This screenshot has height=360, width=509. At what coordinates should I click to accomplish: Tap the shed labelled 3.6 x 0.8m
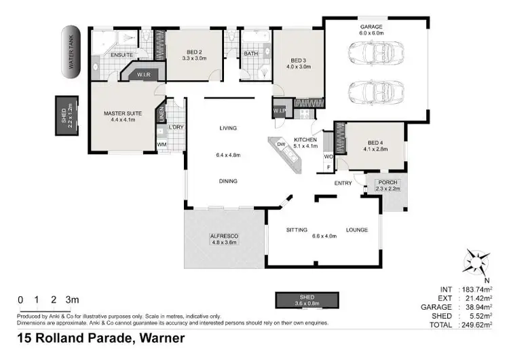click(306, 300)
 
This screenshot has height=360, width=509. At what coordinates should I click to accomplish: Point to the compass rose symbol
click(478, 261)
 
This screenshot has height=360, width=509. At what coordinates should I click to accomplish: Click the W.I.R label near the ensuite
click(143, 74)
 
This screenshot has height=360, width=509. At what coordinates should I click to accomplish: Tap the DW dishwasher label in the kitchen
click(281, 144)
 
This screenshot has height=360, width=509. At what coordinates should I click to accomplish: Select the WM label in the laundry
click(162, 145)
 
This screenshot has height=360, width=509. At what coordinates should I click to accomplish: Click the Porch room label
click(388, 181)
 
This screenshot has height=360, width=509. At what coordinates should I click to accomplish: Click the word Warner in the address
click(162, 338)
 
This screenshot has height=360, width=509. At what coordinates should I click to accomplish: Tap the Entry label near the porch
click(343, 183)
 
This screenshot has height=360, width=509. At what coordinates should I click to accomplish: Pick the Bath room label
click(250, 53)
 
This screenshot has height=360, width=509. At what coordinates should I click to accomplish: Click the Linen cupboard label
click(161, 114)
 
